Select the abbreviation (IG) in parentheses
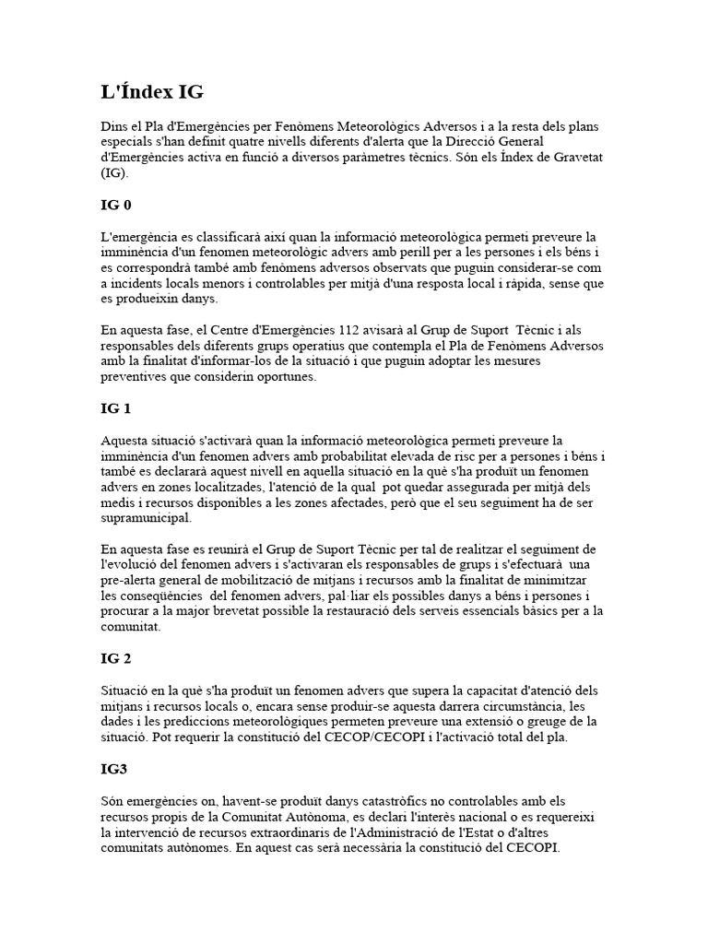pos(114,172)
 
